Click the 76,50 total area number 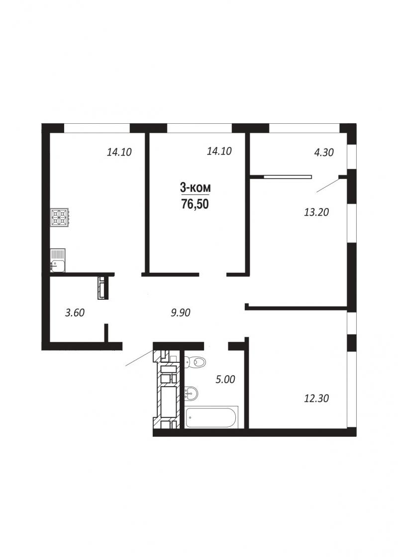coord(195,204)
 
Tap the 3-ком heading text coord(195,187)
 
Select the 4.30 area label coord(323,153)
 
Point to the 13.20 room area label coord(316,213)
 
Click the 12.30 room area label coord(316,398)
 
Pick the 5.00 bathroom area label coord(225,379)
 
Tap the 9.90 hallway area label coord(181,313)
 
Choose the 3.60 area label coord(75,313)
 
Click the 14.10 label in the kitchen coord(119,152)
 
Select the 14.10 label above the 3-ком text coord(219,151)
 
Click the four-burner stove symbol coord(59,218)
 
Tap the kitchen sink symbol coord(58,260)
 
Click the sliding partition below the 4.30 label coord(288,176)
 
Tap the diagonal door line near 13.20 coord(328,185)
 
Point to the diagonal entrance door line coord(139,358)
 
